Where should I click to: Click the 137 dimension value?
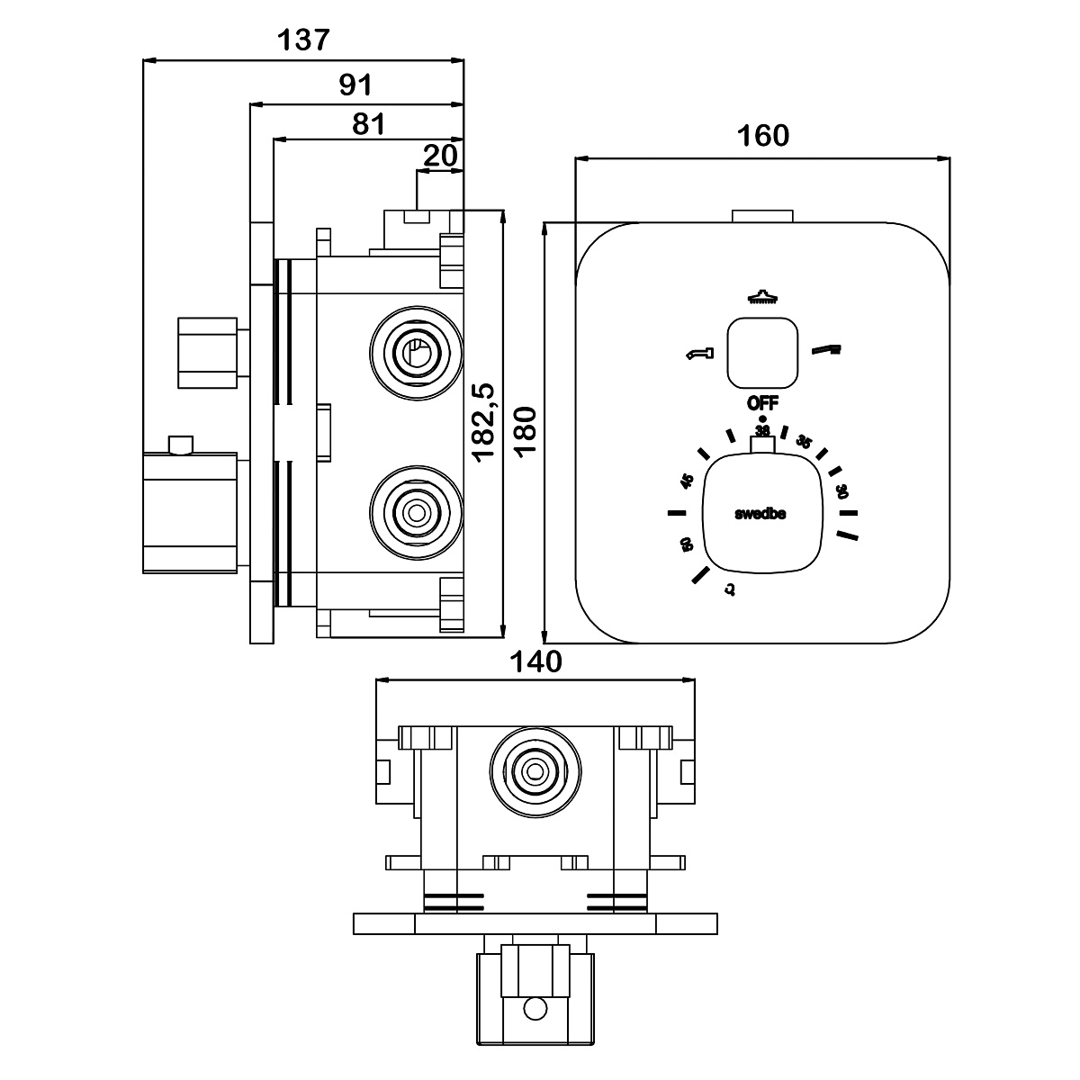click(303, 40)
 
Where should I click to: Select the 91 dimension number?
click(355, 85)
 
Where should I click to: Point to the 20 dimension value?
click(440, 156)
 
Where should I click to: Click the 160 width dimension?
click(762, 136)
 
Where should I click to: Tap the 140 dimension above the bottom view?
click(535, 661)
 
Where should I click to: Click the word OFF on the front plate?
click(762, 402)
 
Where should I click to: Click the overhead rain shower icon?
click(762, 298)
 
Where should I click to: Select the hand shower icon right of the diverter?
click(827, 349)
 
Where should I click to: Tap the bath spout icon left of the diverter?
click(698, 353)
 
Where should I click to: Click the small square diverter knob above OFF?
click(762, 352)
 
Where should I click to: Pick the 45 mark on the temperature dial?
click(688, 481)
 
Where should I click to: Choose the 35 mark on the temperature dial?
click(805, 442)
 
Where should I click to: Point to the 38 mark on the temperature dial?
click(762, 430)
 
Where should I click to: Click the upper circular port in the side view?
click(415, 352)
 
